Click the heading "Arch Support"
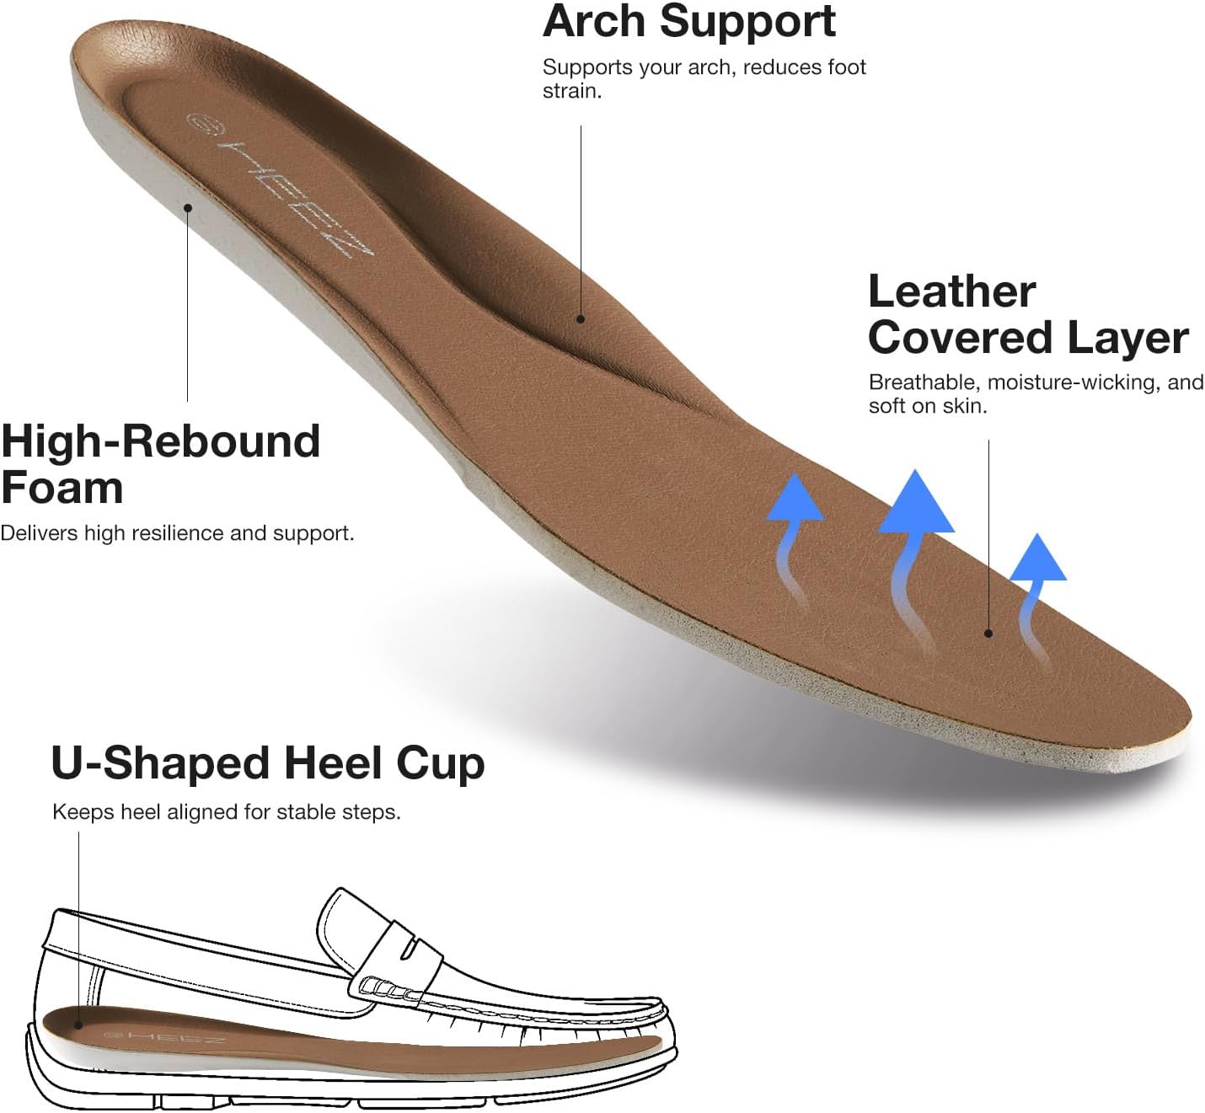[688, 21]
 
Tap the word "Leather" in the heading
[951, 292]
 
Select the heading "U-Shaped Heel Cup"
[267, 763]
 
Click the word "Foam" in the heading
[62, 488]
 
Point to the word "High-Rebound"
[161, 441]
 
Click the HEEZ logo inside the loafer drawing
[164, 1037]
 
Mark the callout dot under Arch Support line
[581, 318]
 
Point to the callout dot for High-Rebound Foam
[188, 207]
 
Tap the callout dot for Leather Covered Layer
[988, 634]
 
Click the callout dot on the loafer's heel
[78, 1025]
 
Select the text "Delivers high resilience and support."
[177, 533]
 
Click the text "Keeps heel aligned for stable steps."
[226, 812]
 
